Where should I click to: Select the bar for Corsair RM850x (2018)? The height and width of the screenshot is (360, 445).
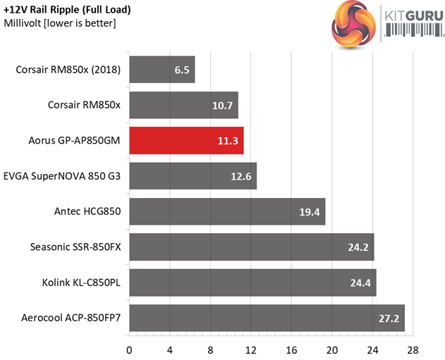[x=161, y=69]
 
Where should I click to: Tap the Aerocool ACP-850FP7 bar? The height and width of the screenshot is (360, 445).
[x=266, y=318]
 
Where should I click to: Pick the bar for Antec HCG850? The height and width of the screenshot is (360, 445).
[x=226, y=211]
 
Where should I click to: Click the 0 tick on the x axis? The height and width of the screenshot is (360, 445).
[x=129, y=349]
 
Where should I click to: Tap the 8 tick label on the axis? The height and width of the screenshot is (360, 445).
[x=210, y=349]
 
